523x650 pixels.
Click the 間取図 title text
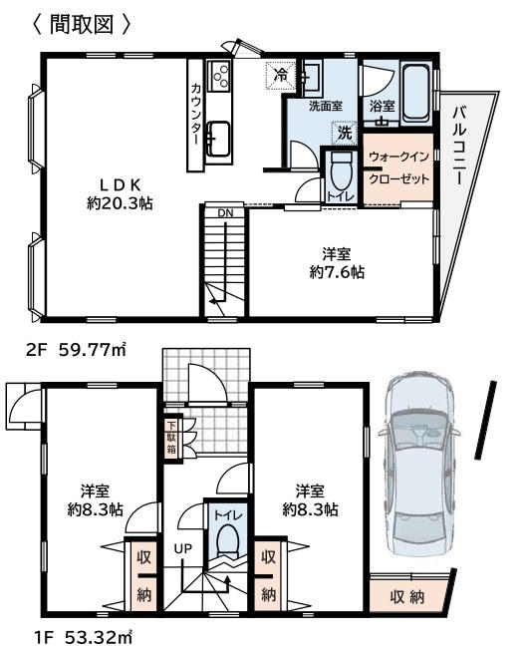pos(81,24)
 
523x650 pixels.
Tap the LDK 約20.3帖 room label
pos(120,194)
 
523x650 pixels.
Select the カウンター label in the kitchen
pos(196,114)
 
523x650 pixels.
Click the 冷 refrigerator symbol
pos(282,76)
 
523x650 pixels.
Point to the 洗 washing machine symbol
pos(344,133)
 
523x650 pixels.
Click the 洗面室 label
pos(326,106)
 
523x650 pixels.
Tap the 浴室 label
pos(382,106)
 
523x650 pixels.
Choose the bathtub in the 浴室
pos(415,93)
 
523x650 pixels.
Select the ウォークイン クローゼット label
pos(399,167)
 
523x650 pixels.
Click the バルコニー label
pos(459,146)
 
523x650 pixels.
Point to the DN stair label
pos(226,213)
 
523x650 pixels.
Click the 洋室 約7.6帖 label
pos(337,262)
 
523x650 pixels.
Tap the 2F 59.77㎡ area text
pos(76,350)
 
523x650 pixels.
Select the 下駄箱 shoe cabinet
pos(171,437)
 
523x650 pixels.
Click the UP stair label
pos(182,548)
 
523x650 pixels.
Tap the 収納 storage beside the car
pos(407,597)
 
